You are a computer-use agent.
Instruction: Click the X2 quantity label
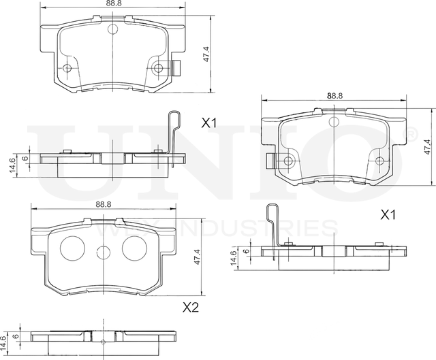[x=191, y=307]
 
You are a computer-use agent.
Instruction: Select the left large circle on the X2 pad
[x=72, y=248]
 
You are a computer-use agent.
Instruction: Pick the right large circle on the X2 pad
[x=135, y=248]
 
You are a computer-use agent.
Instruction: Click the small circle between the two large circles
[x=103, y=252]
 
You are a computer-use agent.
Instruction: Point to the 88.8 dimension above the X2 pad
[x=104, y=204]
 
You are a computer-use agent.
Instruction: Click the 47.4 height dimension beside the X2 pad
[x=197, y=257]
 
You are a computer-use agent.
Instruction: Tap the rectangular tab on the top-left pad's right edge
[x=176, y=68]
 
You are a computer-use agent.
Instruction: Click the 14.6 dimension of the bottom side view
[x=3, y=344]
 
